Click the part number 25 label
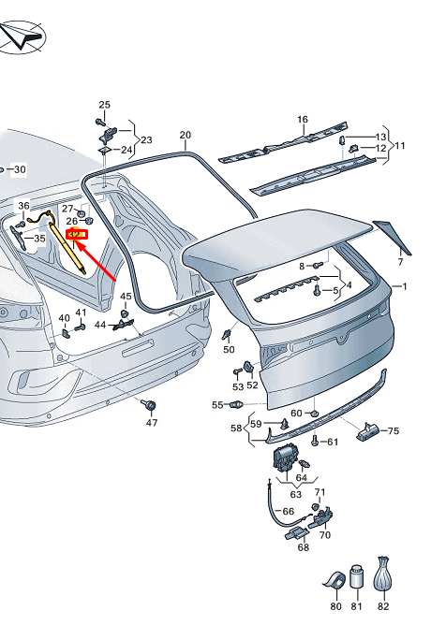[x=104, y=105]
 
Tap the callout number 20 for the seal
[x=186, y=135]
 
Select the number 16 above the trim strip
[x=303, y=119]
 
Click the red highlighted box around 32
[x=76, y=234]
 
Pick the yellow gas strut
[x=67, y=248]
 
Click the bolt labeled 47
[x=149, y=405]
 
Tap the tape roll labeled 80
[x=334, y=580]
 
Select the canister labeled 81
[x=356, y=576]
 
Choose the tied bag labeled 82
[x=382, y=574]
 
